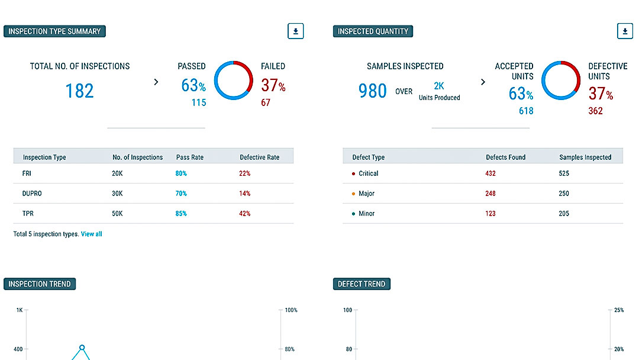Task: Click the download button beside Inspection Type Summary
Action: point(296,31)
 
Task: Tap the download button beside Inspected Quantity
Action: point(625,31)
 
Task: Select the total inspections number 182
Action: point(79,91)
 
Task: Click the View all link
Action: point(91,234)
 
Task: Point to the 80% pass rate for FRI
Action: point(181,173)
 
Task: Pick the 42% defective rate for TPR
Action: point(245,213)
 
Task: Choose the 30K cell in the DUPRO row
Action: point(118,194)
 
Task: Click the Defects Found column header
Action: point(505,157)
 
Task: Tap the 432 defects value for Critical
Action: point(490,173)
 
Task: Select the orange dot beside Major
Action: point(353,194)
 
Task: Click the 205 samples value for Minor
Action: point(564,213)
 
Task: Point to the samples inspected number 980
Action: point(373,91)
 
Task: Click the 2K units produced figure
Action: point(439,86)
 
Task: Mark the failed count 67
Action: point(266,103)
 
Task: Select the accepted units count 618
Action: point(526,111)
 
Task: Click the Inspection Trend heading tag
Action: point(40,284)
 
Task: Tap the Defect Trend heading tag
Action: point(362,284)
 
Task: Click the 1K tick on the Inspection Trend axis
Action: point(20,310)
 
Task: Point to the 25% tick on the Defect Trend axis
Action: point(619,310)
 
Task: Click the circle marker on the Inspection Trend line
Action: point(82,348)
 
